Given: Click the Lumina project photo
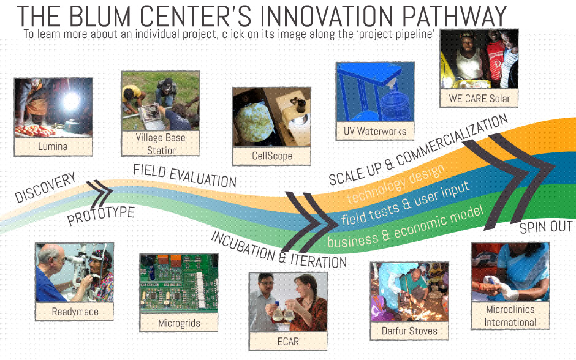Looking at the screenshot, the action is [x=53, y=107].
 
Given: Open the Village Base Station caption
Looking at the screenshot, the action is [x=161, y=143].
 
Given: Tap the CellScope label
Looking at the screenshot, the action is [x=272, y=156].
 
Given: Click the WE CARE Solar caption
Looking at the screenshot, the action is [x=479, y=99].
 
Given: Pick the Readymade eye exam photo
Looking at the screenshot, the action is [x=75, y=272].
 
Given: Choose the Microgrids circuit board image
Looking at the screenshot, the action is [x=179, y=283].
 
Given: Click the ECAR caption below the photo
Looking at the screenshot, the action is [x=288, y=342].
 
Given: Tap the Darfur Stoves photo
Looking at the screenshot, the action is [x=409, y=292].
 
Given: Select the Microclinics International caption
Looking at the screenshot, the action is [x=510, y=315].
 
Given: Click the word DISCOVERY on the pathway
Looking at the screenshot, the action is [x=45, y=187].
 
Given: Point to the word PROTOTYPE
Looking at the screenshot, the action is [x=100, y=216].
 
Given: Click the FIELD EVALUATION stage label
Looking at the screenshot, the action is [x=185, y=176].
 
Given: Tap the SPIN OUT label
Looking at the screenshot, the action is [x=546, y=228].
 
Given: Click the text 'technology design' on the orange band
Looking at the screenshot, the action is [x=396, y=184].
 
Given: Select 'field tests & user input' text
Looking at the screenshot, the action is [x=405, y=203].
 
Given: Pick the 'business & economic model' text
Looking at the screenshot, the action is [x=405, y=227].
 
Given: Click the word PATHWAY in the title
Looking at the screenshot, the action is [x=454, y=16].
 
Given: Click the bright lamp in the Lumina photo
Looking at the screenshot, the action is [x=71, y=100].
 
